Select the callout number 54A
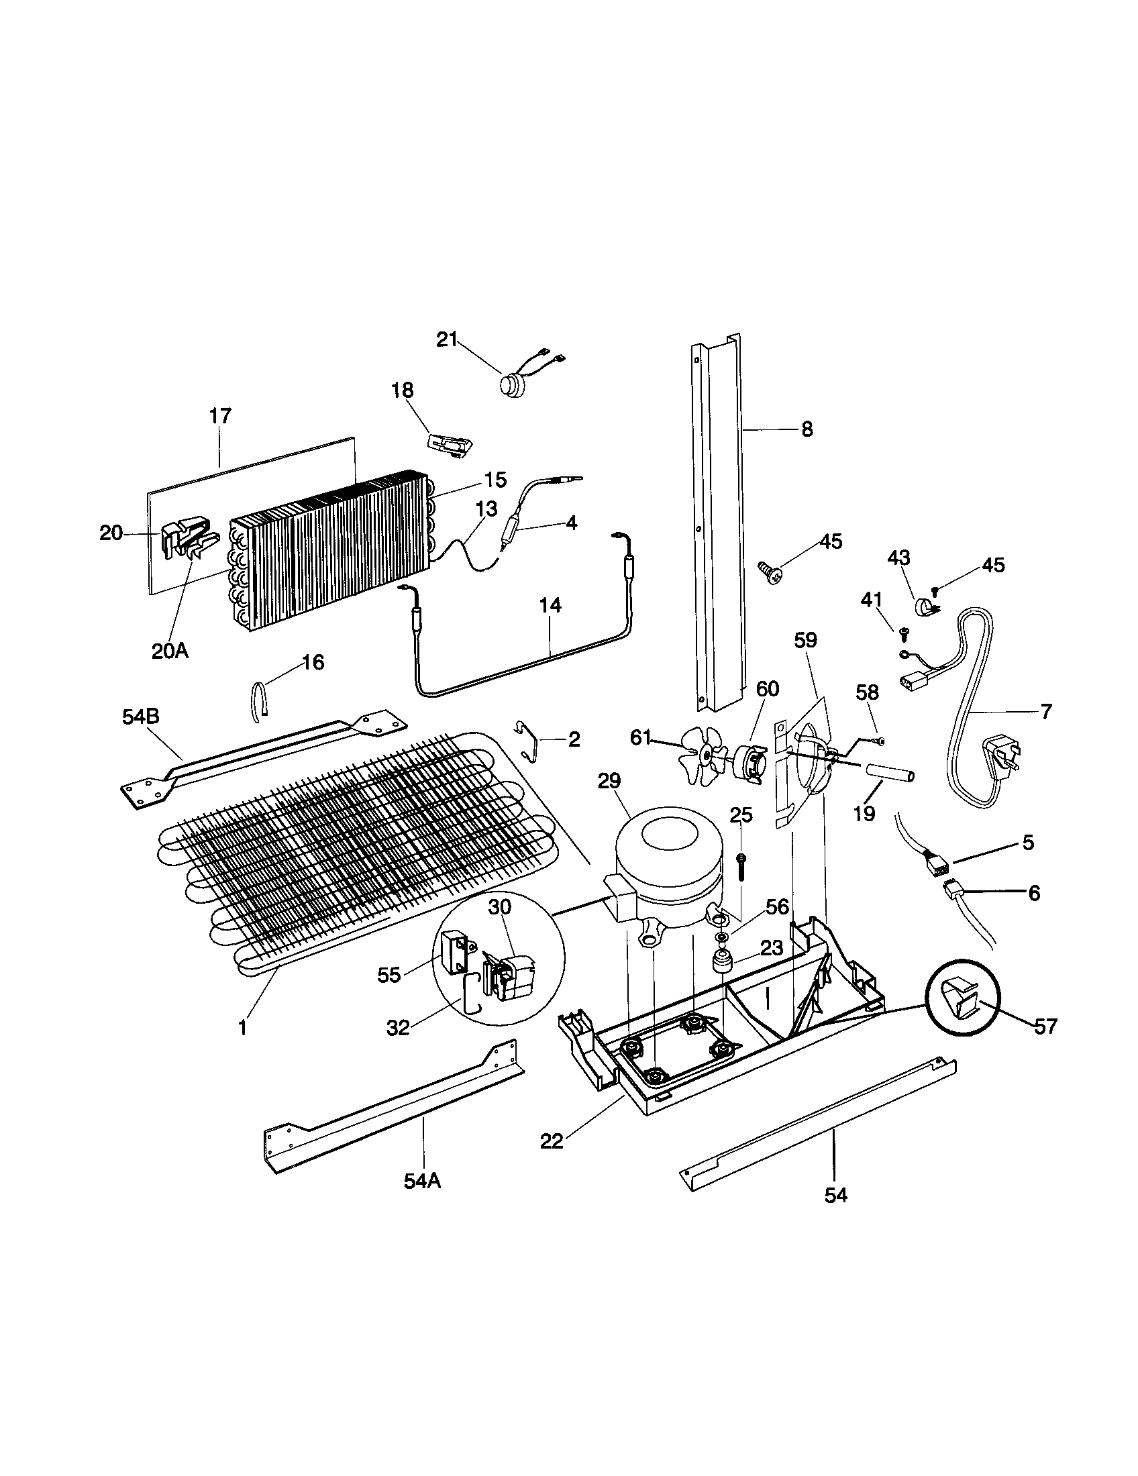(422, 1181)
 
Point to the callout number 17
(220, 415)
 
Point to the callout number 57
(1045, 1026)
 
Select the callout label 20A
(170, 651)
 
